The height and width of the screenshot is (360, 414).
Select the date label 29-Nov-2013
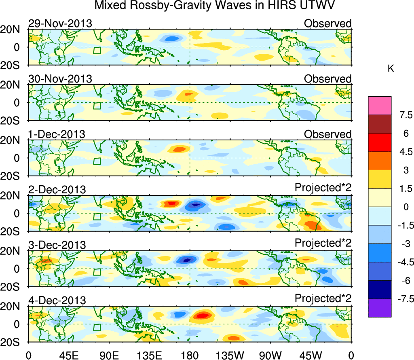[x=60, y=23]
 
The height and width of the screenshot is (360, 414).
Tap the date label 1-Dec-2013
[x=57, y=134]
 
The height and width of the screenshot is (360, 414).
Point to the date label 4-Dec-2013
[x=57, y=301]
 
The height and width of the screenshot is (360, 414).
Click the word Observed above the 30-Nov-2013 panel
[x=327, y=78]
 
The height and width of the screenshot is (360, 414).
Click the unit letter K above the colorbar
[x=391, y=69]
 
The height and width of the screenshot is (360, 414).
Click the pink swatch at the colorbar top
[x=380, y=106]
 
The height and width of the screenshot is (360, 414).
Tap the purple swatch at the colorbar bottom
[x=380, y=308]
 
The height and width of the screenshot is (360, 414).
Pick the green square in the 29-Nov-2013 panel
[x=97, y=50]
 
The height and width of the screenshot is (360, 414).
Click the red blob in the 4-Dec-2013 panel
[x=202, y=315]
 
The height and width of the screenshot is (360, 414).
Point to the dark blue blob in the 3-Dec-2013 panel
[x=187, y=260]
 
